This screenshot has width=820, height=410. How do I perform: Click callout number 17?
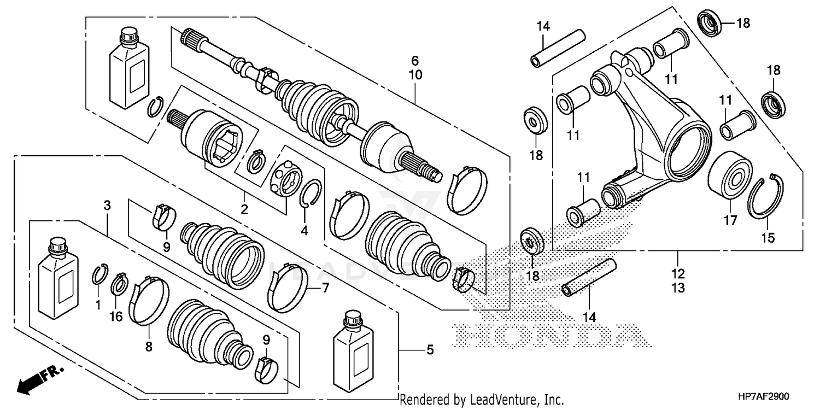730,220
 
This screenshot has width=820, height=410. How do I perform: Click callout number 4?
304,231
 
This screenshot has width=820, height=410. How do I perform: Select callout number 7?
325,286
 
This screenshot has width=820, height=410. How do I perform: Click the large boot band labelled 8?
148,299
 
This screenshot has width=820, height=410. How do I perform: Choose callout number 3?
107,206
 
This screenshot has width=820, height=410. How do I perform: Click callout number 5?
430,349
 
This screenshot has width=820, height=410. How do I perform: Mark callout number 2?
244,209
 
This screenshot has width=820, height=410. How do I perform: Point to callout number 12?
678,273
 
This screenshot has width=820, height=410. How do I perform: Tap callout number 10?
415,75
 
